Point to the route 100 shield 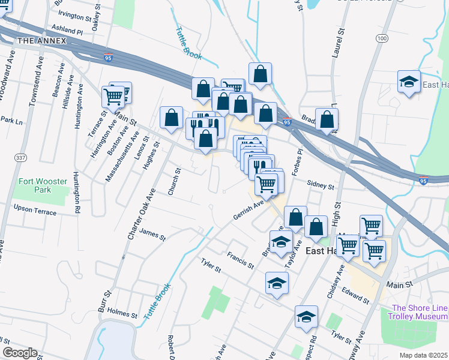click(x=382, y=38)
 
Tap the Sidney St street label click(x=320, y=186)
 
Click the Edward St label click(x=354, y=295)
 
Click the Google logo click(x=19, y=353)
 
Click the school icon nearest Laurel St click(x=409, y=83)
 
